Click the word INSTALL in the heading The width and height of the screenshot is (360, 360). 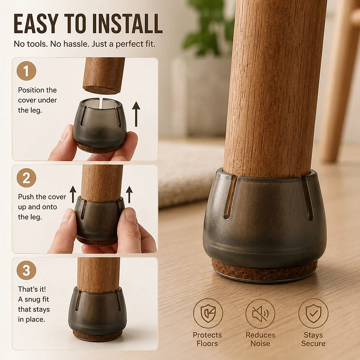[127, 24]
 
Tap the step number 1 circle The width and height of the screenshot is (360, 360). [26, 71]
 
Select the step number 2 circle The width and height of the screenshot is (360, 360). [26, 178]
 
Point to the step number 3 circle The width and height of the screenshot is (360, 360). [26, 270]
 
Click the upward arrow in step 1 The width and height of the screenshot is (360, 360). [136, 114]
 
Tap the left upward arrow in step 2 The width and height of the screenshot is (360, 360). [73, 194]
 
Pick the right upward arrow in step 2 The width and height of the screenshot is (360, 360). [129, 194]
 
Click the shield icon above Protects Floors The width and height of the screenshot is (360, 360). [208, 313]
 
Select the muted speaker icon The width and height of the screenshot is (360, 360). [260, 314]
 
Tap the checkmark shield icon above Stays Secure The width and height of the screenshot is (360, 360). [313, 313]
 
